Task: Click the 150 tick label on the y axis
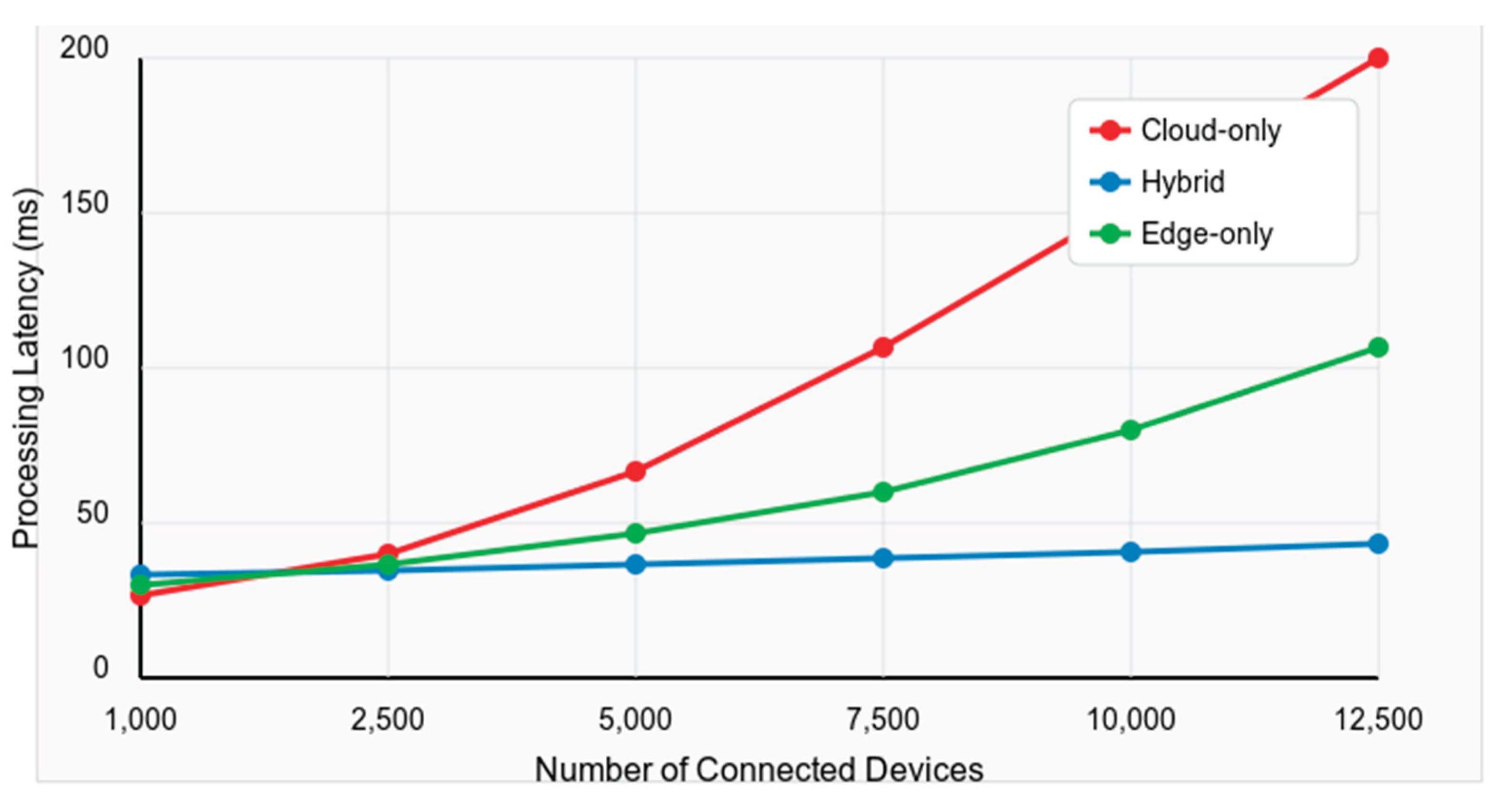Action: coord(84,204)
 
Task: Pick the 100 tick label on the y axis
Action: coord(84,358)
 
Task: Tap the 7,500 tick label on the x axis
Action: coord(883,719)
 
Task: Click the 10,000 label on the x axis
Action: coord(1130,719)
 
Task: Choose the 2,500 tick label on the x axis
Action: coord(387,719)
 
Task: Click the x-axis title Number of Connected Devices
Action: coord(759,769)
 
